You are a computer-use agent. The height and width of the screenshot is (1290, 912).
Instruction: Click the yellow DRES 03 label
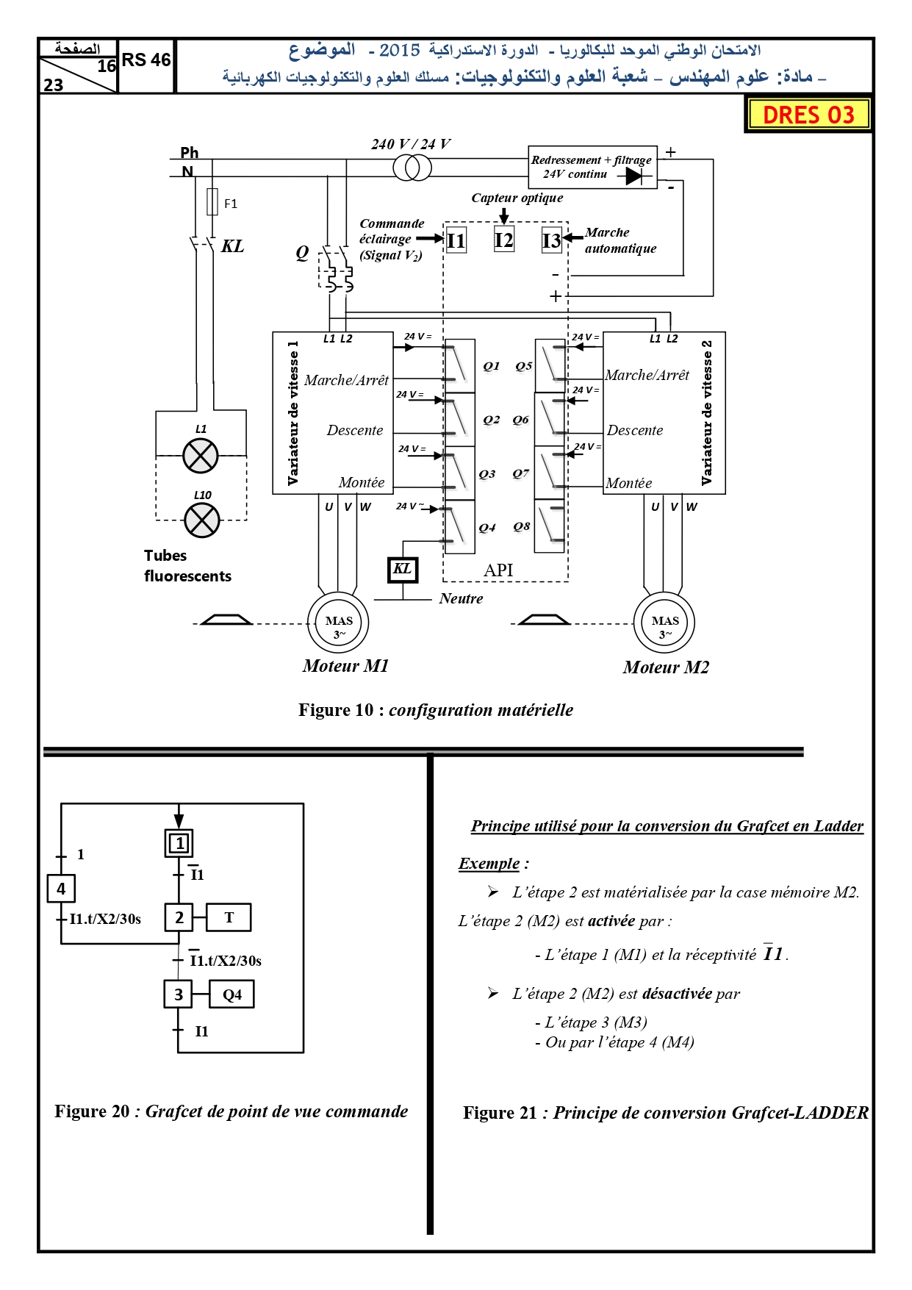click(808, 115)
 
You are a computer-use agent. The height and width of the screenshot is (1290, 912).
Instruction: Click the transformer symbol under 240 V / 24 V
click(412, 168)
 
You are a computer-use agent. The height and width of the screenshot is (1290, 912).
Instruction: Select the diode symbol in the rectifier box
click(633, 176)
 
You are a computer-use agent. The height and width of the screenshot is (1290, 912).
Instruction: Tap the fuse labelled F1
click(212, 201)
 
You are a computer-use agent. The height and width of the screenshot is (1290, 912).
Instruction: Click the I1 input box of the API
click(456, 240)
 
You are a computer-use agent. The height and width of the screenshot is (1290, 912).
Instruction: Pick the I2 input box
click(504, 240)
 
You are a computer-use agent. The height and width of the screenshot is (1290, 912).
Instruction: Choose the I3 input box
click(552, 240)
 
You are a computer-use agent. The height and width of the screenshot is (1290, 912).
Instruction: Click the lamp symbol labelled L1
click(201, 456)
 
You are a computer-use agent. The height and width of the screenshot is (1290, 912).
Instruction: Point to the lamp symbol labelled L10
click(202, 520)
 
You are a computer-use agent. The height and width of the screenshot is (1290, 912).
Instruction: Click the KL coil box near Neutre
click(403, 570)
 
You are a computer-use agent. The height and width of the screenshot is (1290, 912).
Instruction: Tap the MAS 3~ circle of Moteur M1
click(338, 623)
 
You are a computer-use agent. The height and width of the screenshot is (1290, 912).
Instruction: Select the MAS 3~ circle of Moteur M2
click(664, 623)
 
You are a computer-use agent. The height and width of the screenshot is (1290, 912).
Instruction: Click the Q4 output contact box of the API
click(460, 527)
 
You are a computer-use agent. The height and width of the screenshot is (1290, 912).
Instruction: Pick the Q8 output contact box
click(550, 526)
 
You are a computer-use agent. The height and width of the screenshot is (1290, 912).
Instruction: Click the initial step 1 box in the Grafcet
click(179, 843)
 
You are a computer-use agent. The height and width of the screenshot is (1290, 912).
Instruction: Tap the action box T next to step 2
click(229, 917)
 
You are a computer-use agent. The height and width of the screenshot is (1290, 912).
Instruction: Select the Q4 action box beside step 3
click(232, 995)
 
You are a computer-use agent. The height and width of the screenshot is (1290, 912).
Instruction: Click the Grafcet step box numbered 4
click(61, 889)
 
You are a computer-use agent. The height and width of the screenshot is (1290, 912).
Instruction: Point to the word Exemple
click(489, 864)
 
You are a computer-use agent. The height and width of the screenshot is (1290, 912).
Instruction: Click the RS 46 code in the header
click(146, 60)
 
